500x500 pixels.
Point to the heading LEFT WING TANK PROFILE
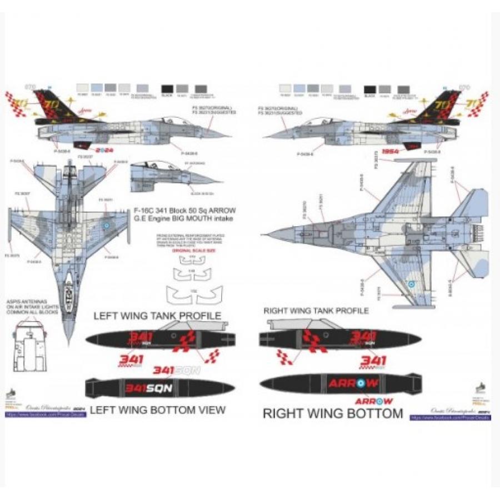[x=157, y=316]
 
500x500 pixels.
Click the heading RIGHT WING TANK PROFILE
[x=316, y=311]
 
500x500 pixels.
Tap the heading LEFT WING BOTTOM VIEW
[x=157, y=410]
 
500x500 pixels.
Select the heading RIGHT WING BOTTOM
[x=332, y=413]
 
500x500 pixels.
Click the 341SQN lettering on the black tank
[x=148, y=388]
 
